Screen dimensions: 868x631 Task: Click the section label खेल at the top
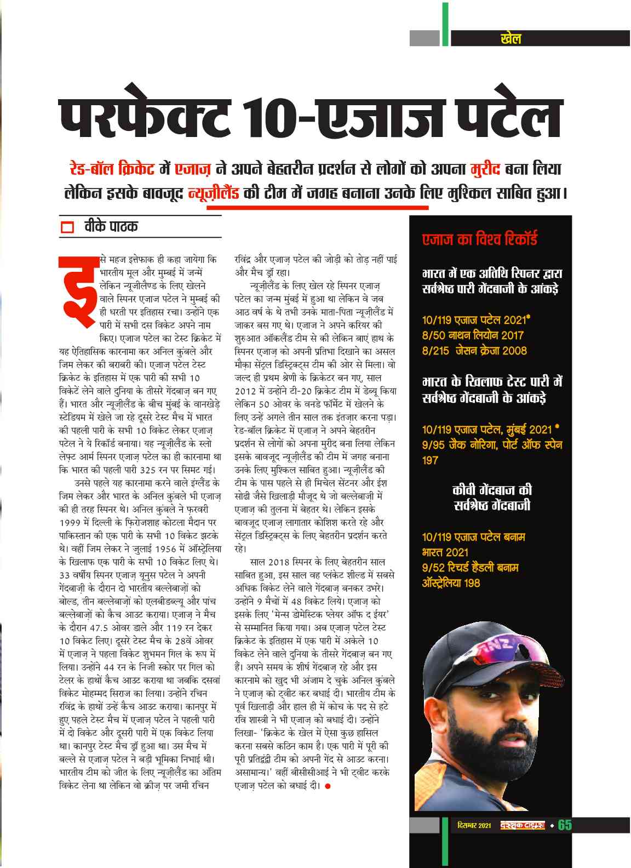point(510,38)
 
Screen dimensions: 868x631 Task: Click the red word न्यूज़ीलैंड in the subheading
point(213,193)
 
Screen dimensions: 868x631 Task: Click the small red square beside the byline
point(67,227)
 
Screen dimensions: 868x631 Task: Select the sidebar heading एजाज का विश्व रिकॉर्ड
point(479,239)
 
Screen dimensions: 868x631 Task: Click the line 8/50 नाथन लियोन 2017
point(473,335)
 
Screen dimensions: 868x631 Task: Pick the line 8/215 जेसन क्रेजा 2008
point(474,350)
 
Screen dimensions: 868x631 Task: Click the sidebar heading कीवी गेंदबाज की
point(492,490)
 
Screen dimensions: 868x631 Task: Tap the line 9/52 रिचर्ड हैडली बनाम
point(470,567)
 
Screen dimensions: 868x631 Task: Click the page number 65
point(565,825)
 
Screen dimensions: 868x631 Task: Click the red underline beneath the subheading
point(317,207)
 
